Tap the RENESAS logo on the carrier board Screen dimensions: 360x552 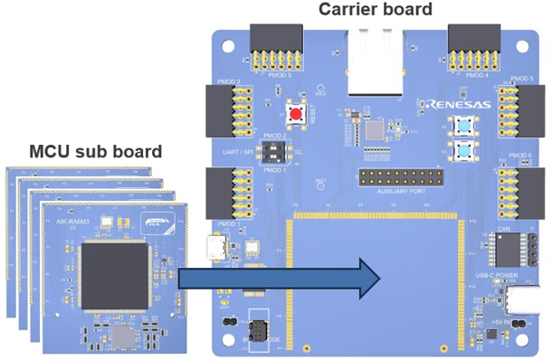pyautogui.click(x=461, y=104)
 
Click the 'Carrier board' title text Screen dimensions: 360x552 pyautogui.click(x=376, y=10)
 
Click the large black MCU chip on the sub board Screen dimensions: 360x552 pyautogui.click(x=115, y=273)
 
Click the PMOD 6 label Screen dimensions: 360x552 pyautogui.click(x=520, y=156)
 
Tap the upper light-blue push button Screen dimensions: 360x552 pyautogui.click(x=465, y=126)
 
